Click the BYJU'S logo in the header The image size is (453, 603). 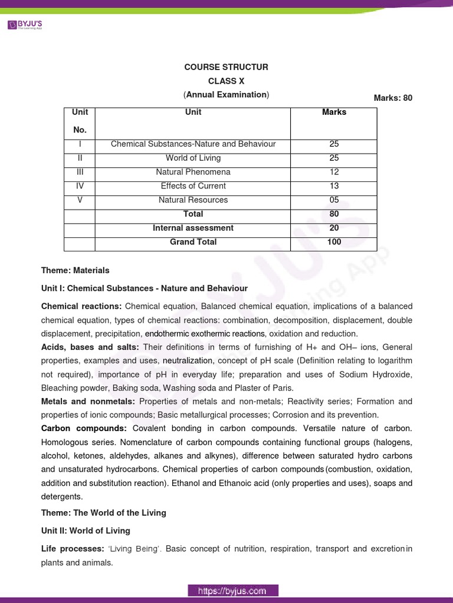(x=24, y=25)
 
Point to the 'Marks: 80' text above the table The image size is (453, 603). (x=393, y=98)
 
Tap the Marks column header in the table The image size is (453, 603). (x=334, y=112)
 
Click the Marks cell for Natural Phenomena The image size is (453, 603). (x=334, y=172)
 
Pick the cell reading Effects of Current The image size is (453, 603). (x=193, y=186)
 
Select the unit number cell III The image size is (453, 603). (x=80, y=172)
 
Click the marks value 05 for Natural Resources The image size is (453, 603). (x=334, y=200)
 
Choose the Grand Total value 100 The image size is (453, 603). (x=334, y=242)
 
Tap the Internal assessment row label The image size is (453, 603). (x=193, y=228)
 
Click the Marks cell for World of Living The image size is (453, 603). (x=334, y=158)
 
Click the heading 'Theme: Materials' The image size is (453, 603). (x=75, y=270)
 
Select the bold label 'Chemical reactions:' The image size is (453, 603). (x=81, y=306)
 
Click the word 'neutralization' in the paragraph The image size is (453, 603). (x=187, y=360)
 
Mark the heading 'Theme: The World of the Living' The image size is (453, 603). (x=103, y=512)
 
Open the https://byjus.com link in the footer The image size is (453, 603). (x=232, y=590)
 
